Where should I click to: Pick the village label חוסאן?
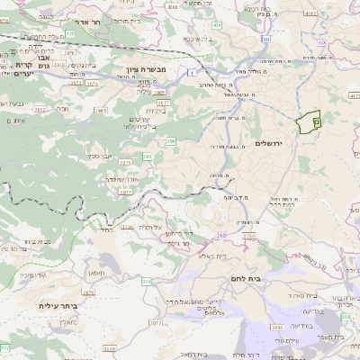point(96,272)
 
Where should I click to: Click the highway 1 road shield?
point(192,70)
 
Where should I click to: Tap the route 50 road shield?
point(265,40)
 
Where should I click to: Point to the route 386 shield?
point(170,140)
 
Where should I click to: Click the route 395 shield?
point(148,157)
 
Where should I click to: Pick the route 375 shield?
point(146,281)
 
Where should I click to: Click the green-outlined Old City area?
point(309,120)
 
